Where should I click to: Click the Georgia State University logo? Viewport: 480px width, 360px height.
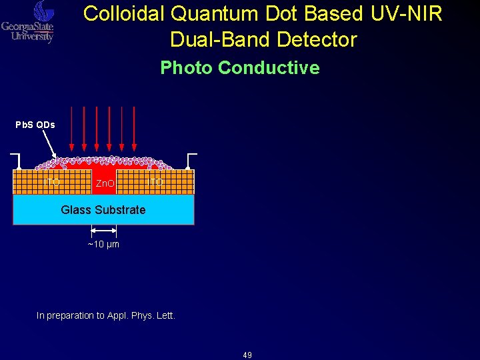[27, 21]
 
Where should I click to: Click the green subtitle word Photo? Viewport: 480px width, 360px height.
[187, 68]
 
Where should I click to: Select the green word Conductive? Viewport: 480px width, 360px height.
[269, 68]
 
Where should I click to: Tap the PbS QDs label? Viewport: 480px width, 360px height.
[35, 125]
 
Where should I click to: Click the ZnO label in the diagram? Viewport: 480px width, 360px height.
[104, 183]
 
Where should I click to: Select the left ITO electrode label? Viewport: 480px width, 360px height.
[51, 181]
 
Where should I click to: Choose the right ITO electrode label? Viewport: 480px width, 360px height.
[155, 181]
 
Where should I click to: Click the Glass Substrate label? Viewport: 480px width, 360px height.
[103, 210]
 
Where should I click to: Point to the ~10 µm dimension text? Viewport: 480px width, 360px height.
[103, 245]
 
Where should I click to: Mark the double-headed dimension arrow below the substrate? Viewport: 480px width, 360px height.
[103, 231]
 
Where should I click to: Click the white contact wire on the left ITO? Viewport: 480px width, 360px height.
[17, 160]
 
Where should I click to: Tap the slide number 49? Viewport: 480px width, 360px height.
[247, 355]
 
